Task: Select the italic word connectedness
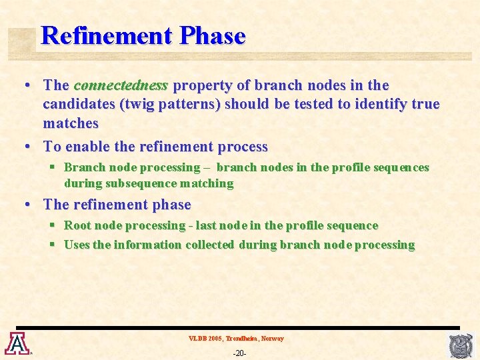(x=121, y=85)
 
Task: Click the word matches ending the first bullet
(x=71, y=123)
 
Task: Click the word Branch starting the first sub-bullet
(x=85, y=167)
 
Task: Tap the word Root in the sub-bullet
(x=79, y=225)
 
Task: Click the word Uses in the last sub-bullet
(x=77, y=245)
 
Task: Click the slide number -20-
(x=239, y=353)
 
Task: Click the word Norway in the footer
(x=272, y=339)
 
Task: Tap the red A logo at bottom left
(x=16, y=343)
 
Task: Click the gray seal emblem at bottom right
(x=461, y=346)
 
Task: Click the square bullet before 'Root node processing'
(x=51, y=225)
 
